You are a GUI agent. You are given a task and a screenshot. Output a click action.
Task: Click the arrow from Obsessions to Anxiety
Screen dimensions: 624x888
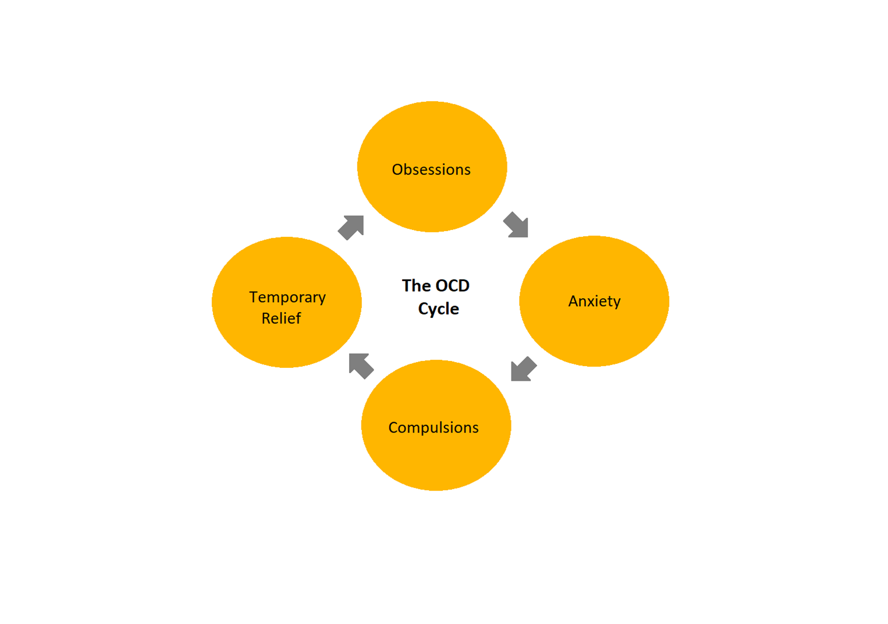click(x=517, y=225)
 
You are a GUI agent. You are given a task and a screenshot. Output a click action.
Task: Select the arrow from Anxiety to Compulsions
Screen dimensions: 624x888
click(x=523, y=369)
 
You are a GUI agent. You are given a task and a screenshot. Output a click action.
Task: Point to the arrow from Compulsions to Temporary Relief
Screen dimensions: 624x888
click(x=361, y=366)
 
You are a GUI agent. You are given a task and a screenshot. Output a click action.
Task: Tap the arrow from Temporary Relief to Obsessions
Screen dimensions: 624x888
click(x=351, y=227)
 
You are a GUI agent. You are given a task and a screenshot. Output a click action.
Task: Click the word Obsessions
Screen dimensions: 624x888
click(x=431, y=169)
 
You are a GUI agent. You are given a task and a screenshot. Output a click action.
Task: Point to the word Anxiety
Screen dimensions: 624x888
click(x=594, y=302)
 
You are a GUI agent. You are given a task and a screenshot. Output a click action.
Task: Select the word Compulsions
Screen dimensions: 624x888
click(x=434, y=428)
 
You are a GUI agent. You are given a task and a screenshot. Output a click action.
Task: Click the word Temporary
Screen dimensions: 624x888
click(x=287, y=297)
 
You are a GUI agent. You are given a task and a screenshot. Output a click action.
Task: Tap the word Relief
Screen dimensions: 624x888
click(x=281, y=318)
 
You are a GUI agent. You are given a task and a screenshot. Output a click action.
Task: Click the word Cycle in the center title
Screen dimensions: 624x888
click(x=438, y=309)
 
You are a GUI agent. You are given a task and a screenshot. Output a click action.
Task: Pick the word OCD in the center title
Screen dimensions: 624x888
click(x=452, y=286)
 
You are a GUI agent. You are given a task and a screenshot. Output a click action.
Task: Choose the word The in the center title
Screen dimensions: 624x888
click(x=416, y=286)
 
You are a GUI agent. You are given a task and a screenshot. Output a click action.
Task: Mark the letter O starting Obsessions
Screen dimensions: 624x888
click(x=397, y=169)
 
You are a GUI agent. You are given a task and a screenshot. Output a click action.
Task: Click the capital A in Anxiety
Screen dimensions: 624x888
click(x=573, y=301)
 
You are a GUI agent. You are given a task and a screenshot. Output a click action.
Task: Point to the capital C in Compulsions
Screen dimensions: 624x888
click(x=393, y=428)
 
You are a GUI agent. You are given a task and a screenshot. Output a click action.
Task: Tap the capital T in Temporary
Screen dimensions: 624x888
click(x=253, y=297)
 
